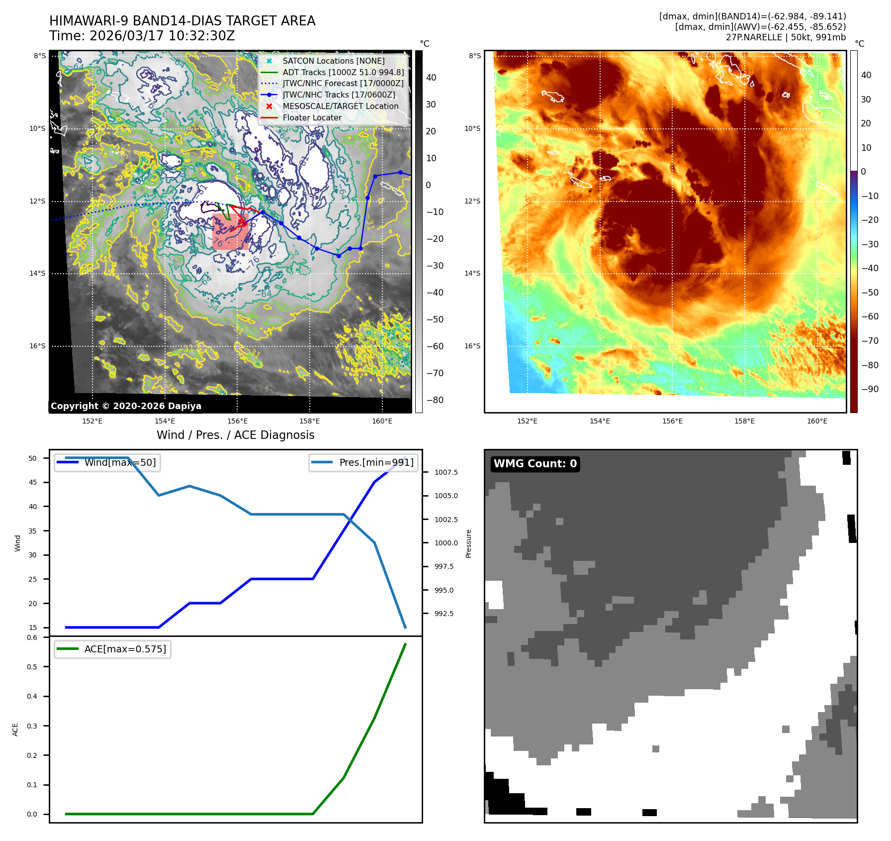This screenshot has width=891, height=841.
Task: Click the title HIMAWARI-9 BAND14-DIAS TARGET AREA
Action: pyautogui.click(x=182, y=21)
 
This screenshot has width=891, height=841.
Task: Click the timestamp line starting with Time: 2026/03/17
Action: pyautogui.click(x=142, y=36)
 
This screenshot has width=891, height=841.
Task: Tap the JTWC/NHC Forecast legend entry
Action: pyautogui.click(x=343, y=84)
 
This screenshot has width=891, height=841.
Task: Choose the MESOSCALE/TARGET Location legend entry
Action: pyautogui.click(x=340, y=106)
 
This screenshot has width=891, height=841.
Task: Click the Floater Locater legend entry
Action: pyautogui.click(x=312, y=117)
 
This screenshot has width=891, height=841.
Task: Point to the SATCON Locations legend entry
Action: pyautogui.click(x=334, y=61)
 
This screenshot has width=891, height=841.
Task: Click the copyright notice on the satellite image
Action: pyautogui.click(x=126, y=406)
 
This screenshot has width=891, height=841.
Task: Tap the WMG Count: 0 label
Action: pyautogui.click(x=535, y=464)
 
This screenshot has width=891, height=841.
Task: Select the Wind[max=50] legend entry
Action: pyautogui.click(x=120, y=462)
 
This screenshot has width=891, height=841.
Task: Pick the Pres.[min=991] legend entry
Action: pyautogui.click(x=376, y=462)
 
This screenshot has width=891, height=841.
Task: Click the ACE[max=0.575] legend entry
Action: pyautogui.click(x=125, y=649)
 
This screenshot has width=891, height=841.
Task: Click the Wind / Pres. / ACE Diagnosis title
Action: pyautogui.click(x=235, y=435)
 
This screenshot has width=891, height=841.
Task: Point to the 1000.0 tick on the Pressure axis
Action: pyautogui.click(x=446, y=543)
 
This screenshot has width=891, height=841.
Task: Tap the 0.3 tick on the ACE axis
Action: pyautogui.click(x=32, y=726)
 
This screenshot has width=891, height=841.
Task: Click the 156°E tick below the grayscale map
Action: pyautogui.click(x=237, y=421)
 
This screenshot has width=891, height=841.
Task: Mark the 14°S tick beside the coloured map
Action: pyautogui.click(x=472, y=273)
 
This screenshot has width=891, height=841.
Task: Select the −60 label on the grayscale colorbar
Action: pyautogui.click(x=435, y=346)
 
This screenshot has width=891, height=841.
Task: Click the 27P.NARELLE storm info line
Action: pyautogui.click(x=786, y=37)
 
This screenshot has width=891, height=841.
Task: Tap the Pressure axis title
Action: pyautogui.click(x=468, y=543)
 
